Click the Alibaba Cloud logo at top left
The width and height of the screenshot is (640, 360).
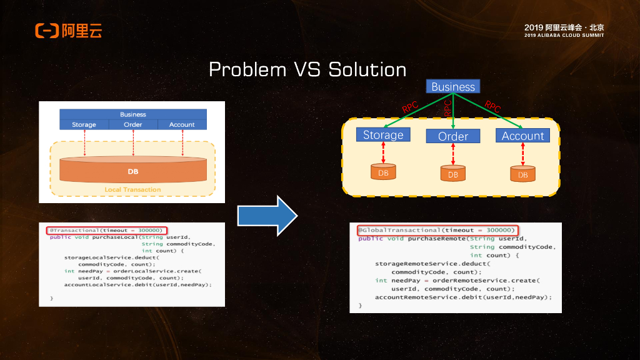tap(68, 30)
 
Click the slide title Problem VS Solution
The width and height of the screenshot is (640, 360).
tap(307, 69)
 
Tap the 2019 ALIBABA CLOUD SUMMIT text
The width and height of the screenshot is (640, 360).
tap(564, 36)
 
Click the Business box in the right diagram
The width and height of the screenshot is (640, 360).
tap(453, 87)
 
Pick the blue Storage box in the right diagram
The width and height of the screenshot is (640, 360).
tap(383, 134)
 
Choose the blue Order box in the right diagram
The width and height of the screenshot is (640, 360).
tap(452, 136)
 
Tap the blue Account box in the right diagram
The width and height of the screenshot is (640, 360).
tap(522, 136)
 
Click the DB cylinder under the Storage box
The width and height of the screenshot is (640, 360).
tap(383, 172)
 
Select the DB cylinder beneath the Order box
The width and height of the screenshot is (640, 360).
tap(453, 174)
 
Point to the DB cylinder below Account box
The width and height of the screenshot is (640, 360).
tap(522, 174)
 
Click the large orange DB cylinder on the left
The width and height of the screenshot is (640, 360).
tap(132, 169)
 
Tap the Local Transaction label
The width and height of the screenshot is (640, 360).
tap(132, 189)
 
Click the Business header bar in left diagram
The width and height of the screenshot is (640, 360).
tap(132, 114)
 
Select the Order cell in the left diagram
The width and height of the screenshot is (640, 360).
tap(132, 124)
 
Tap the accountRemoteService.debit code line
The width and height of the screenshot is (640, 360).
tap(463, 297)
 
